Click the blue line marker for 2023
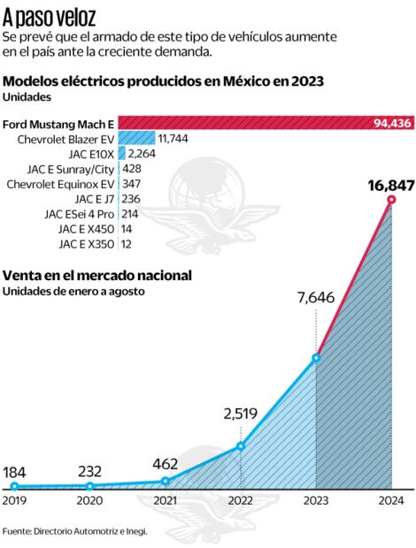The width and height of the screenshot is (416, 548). click(x=317, y=358)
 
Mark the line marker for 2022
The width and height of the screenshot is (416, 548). click(x=241, y=445)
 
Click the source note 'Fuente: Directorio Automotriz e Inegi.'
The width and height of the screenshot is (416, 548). click(x=74, y=531)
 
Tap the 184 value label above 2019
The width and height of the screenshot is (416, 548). click(x=16, y=471)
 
